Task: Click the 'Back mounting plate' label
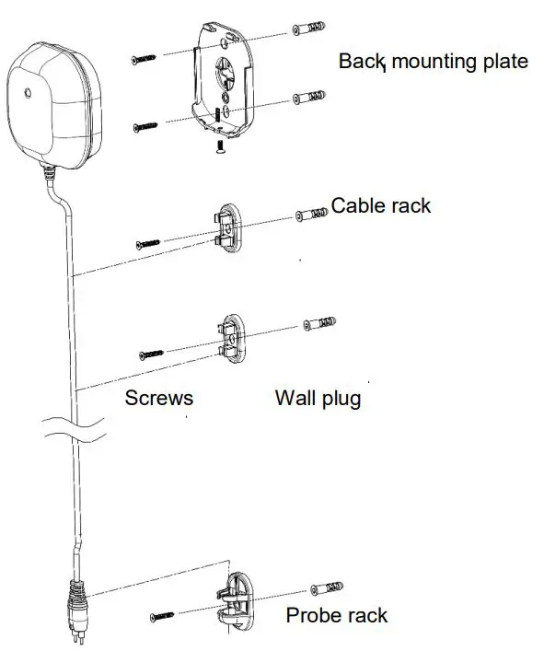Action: [433, 63]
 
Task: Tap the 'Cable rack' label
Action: [381, 205]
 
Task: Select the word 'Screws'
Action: [158, 398]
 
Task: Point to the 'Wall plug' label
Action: [318, 398]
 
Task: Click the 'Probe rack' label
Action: [337, 615]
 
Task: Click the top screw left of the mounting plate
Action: [145, 58]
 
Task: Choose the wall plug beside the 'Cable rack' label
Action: [311, 215]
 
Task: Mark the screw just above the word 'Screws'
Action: [152, 354]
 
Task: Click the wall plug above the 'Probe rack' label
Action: [328, 587]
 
